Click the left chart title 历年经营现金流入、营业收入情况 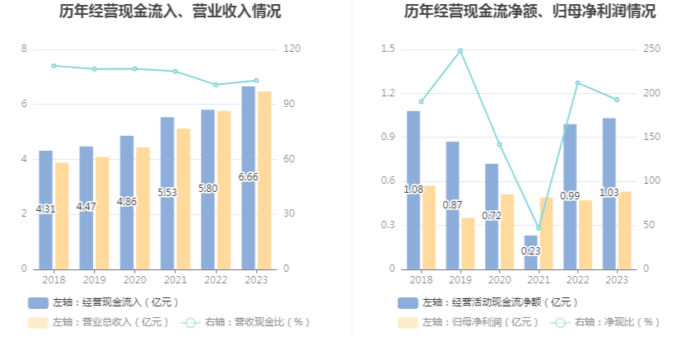coord(170,12)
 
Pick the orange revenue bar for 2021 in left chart coord(183,198)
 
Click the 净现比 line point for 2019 coord(460,51)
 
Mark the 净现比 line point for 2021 coord(539,228)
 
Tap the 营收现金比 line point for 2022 coord(215,84)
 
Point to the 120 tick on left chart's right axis coord(290,49)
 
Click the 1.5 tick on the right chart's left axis coord(388,49)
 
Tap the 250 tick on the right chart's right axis coord(651,49)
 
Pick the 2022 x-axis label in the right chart coord(577,280)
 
